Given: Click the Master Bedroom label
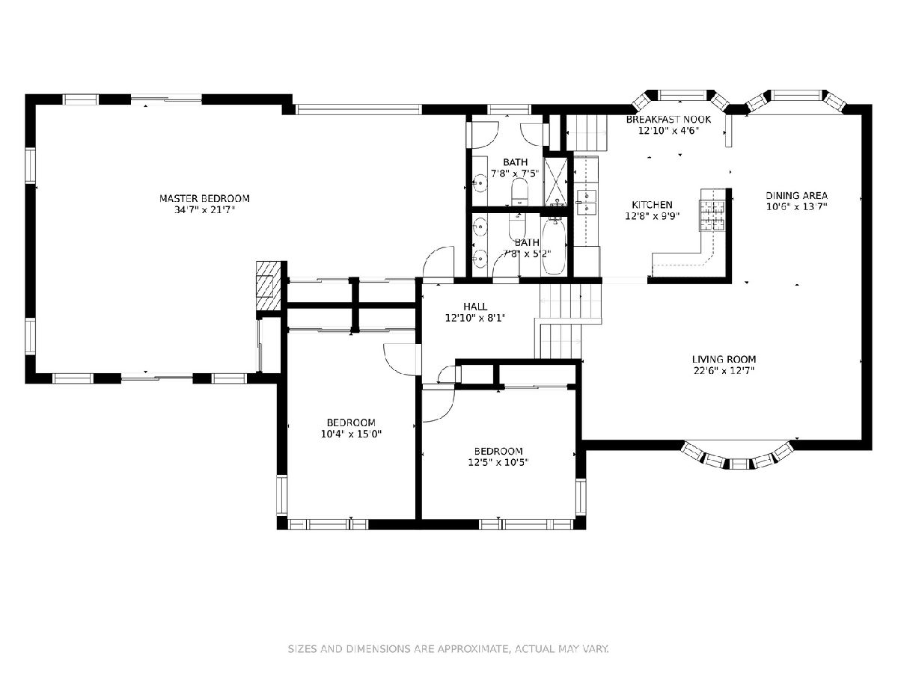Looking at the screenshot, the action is click(x=204, y=199).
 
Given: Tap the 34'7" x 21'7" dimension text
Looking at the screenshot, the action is click(x=204, y=210).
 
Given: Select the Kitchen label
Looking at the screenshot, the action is click(x=652, y=205).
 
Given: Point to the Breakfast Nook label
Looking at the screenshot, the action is click(x=668, y=120).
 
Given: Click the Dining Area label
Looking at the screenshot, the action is click(x=796, y=196).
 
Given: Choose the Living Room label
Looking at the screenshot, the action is click(x=724, y=359).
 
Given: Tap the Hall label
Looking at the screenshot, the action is click(x=475, y=307).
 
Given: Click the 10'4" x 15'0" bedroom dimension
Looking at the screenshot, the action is click(x=351, y=434).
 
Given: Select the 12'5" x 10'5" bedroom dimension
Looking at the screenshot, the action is click(x=498, y=463).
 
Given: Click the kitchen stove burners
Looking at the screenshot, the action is click(x=712, y=215).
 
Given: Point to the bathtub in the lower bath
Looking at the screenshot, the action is click(x=554, y=247).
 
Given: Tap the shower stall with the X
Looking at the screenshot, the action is click(x=555, y=182).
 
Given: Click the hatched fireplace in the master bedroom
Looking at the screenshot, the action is click(x=269, y=285).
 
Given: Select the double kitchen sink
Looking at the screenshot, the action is click(x=587, y=202).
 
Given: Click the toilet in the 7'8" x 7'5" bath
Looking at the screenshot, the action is click(x=519, y=191).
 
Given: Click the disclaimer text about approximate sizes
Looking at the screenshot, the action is click(x=448, y=648).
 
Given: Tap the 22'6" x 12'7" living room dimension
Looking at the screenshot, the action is click(x=724, y=371).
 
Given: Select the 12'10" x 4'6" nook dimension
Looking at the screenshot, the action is click(x=668, y=131).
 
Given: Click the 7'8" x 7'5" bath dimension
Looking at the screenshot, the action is click(x=516, y=173).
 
